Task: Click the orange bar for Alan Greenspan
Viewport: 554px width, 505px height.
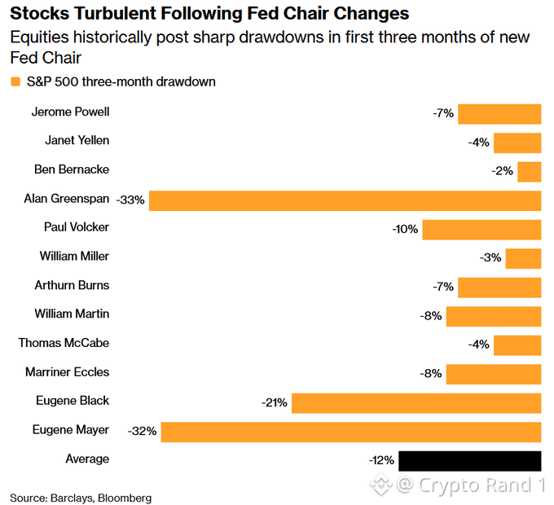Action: pyautogui.click(x=345, y=201)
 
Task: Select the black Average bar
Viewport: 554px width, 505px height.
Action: pyautogui.click(x=470, y=461)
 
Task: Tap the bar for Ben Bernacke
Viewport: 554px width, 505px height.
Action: pyautogui.click(x=530, y=172)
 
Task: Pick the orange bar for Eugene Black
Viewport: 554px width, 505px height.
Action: pyautogui.click(x=416, y=403)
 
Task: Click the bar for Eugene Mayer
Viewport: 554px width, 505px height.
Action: pyautogui.click(x=351, y=432)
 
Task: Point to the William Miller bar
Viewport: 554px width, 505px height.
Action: pyautogui.click(x=523, y=258)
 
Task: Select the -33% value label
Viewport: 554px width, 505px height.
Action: pyautogui.click(x=130, y=200)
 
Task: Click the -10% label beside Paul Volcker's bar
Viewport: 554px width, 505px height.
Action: pyautogui.click(x=405, y=229)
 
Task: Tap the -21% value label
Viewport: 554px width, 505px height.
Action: pyautogui.click(x=275, y=402)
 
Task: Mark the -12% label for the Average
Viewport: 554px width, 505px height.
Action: pyautogui.click(x=381, y=460)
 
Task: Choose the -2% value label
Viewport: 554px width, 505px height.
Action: pyautogui.click(x=502, y=171)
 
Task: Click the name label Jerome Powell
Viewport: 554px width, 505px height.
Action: pyautogui.click(x=70, y=112)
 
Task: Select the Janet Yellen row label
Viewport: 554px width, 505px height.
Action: pyautogui.click(x=77, y=141)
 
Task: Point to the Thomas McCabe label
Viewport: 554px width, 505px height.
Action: pyautogui.click(x=64, y=343)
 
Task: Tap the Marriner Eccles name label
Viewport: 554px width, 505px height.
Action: pyautogui.click(x=67, y=372)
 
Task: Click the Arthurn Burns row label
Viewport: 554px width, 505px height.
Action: pyautogui.click(x=72, y=285)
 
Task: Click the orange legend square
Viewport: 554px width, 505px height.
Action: pyautogui.click(x=15, y=82)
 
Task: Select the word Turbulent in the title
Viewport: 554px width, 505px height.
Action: pyautogui.click(x=115, y=13)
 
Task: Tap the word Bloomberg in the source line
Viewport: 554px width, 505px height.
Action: pyautogui.click(x=125, y=498)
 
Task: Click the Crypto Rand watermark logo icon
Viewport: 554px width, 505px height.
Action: pyautogui.click(x=381, y=485)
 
